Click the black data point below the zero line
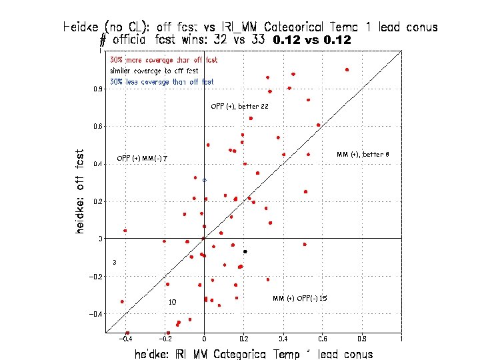point(245,251)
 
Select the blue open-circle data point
point(205,180)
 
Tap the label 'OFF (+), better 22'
point(239,107)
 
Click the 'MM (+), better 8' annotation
point(363,155)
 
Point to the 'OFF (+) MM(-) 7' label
point(142,159)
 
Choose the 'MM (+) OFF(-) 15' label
point(299,298)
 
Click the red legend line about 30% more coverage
point(163,61)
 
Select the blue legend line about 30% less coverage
point(162,82)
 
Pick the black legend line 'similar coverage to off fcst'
point(154,71)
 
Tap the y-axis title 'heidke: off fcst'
point(80,191)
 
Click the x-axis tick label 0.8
point(361,339)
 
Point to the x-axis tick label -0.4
point(124,339)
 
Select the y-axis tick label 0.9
point(98,89)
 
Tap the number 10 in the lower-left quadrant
point(172,302)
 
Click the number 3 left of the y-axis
point(115,263)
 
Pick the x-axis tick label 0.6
point(322,339)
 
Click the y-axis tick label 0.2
point(98,201)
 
